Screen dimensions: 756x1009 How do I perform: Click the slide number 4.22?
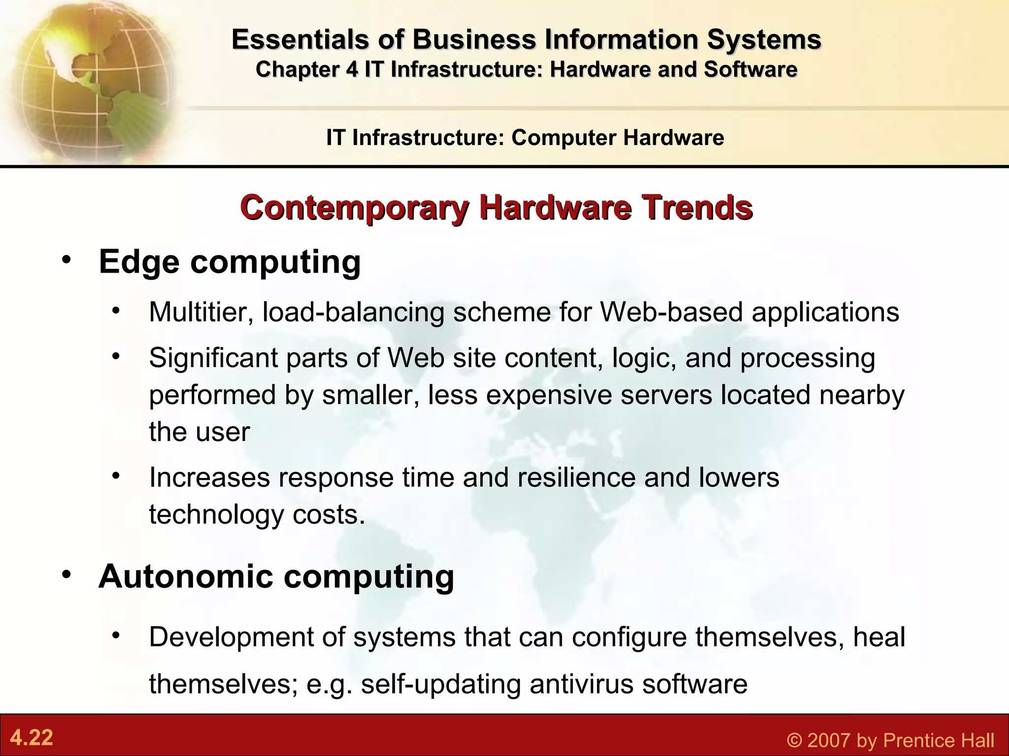pyautogui.click(x=32, y=738)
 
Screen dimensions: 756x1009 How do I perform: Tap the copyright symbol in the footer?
pyautogui.click(x=794, y=740)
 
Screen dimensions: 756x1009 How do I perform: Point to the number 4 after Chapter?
pyautogui.click(x=352, y=69)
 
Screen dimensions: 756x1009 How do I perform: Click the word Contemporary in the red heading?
pyautogui.click(x=354, y=208)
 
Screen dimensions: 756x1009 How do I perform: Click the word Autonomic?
pyautogui.click(x=185, y=576)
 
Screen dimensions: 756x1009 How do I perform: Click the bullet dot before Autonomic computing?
pyautogui.click(x=67, y=574)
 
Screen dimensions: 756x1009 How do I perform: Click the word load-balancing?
pyautogui.click(x=353, y=313)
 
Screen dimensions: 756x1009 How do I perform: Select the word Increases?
pyautogui.click(x=209, y=477)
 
